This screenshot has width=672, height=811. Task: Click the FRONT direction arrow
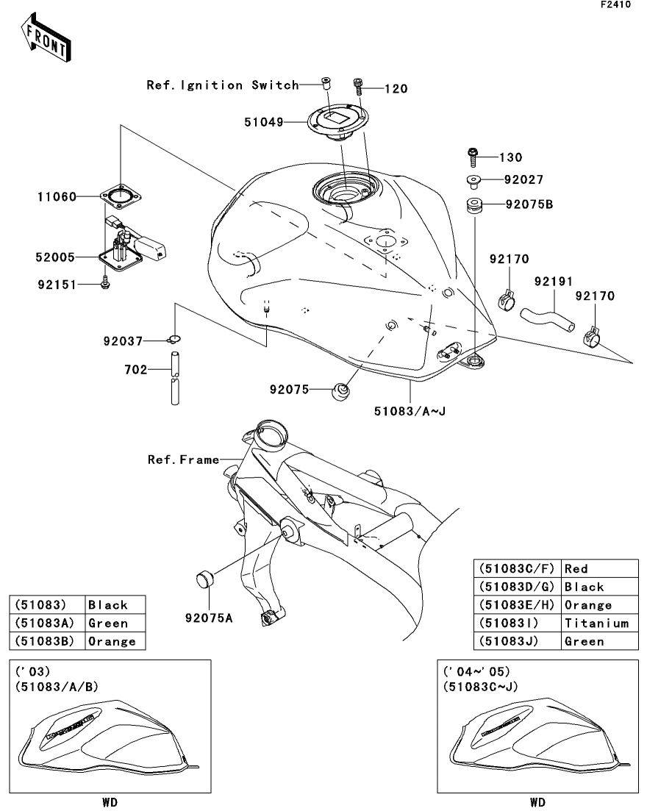[x=46, y=39]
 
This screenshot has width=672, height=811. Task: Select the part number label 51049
[x=264, y=123]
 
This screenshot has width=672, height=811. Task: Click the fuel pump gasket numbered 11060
[x=121, y=196]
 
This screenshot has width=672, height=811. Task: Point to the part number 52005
[x=55, y=257]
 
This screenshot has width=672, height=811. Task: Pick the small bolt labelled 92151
[x=106, y=283]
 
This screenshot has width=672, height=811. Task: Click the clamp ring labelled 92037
[x=174, y=339]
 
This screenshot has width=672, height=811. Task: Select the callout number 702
[x=135, y=370]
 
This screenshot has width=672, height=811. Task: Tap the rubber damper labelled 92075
[x=340, y=391]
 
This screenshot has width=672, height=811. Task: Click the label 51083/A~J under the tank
[x=410, y=411]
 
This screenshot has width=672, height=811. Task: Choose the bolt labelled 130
[x=473, y=157]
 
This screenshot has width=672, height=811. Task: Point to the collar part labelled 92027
[x=473, y=182]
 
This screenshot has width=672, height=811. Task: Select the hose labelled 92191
[x=547, y=318]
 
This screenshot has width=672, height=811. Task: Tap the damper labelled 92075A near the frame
[x=205, y=579]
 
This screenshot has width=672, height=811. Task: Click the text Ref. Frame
[x=183, y=460]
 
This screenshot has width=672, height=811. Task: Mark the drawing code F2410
[x=615, y=4]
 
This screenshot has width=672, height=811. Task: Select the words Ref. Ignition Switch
[x=223, y=85]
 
